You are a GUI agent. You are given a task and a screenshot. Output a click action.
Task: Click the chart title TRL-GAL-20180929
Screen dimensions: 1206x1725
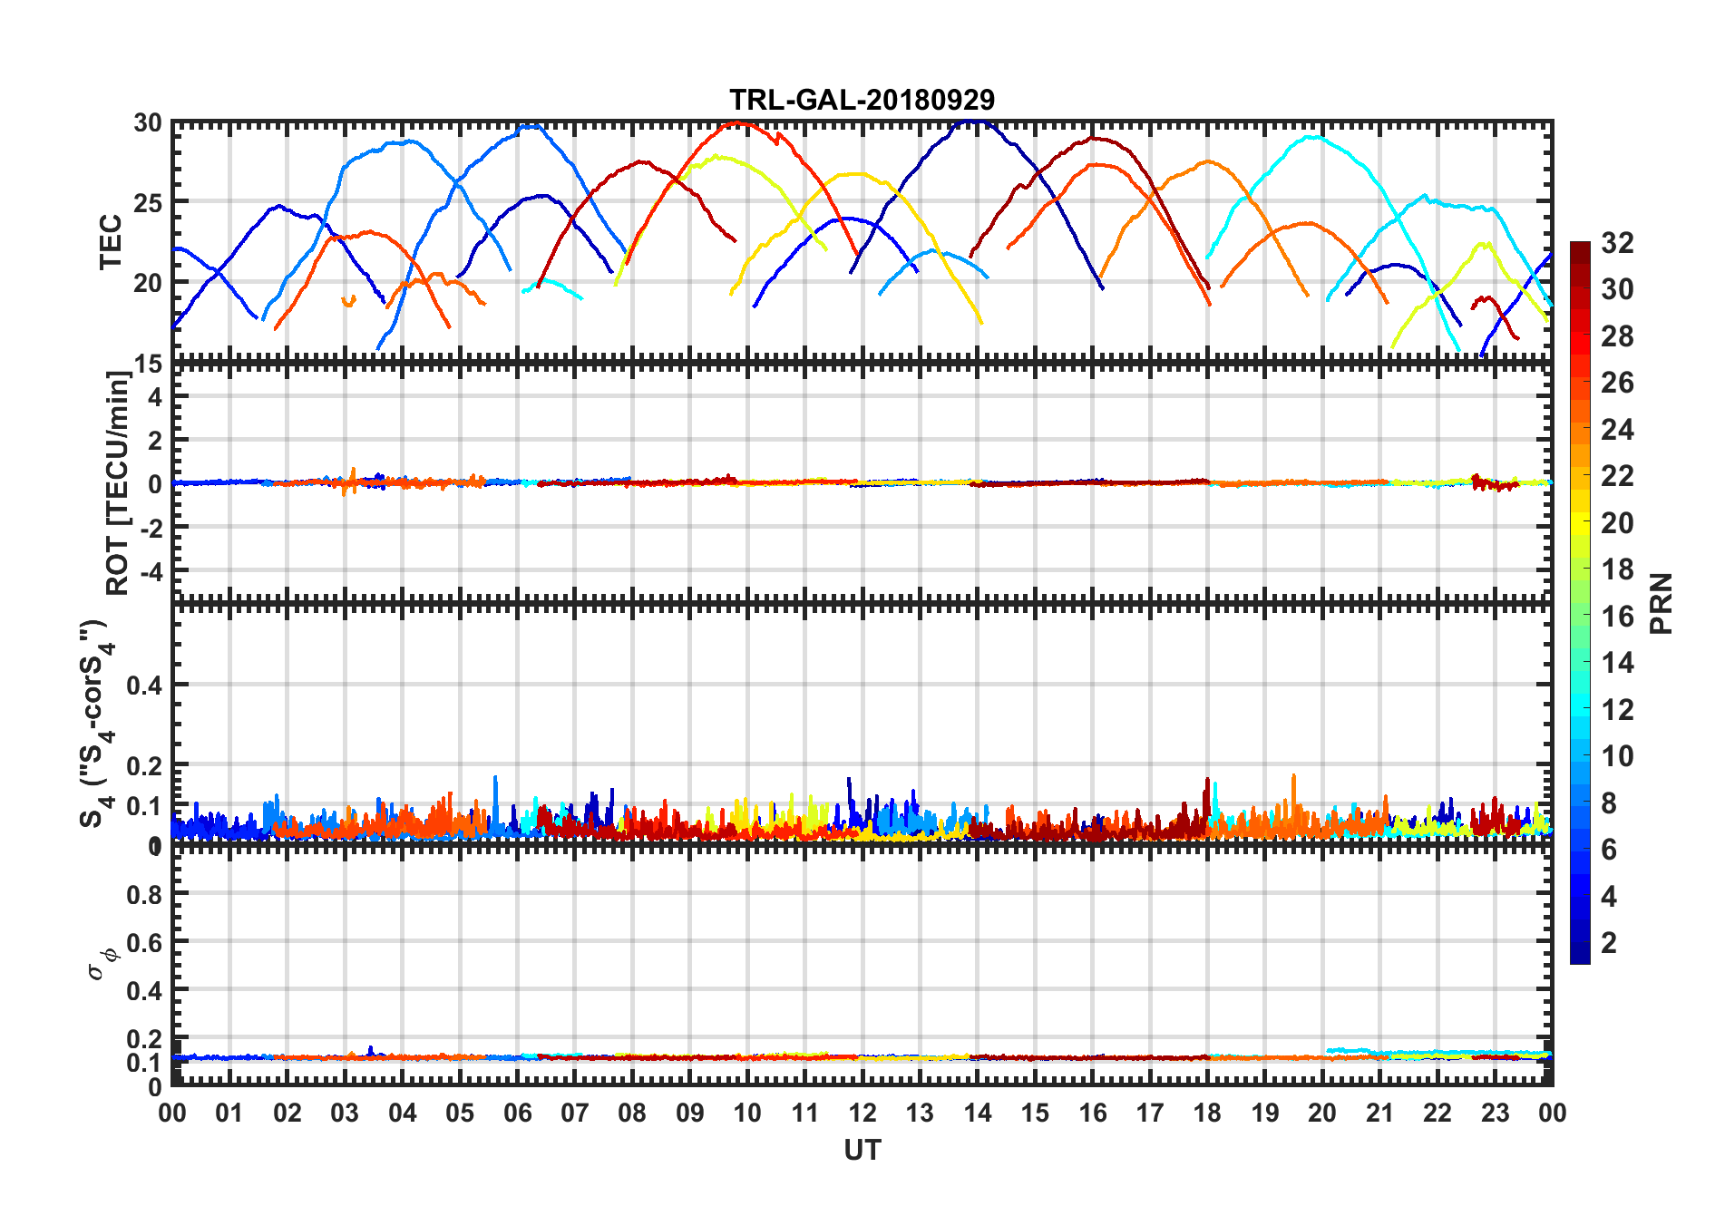point(862,99)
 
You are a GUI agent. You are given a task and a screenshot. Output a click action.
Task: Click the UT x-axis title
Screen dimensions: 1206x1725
point(862,1150)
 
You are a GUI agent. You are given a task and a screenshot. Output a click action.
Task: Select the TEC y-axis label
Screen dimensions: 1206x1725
point(111,242)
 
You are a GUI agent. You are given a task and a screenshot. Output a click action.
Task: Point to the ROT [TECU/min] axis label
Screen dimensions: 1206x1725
point(118,482)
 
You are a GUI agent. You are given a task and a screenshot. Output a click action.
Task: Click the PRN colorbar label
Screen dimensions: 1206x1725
point(1661,603)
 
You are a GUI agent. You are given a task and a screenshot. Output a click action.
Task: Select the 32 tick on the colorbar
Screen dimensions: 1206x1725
point(1617,243)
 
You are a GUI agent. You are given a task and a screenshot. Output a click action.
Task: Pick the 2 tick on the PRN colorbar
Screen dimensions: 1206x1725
point(1609,943)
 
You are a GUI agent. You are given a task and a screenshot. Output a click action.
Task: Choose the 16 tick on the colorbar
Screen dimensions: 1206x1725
point(1617,617)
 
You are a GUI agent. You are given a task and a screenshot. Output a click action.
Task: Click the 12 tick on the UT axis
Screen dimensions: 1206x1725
point(862,1113)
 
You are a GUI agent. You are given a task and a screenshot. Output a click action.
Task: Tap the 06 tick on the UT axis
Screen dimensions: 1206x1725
point(517,1113)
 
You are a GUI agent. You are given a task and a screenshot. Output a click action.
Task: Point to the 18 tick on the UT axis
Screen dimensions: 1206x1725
point(1207,1113)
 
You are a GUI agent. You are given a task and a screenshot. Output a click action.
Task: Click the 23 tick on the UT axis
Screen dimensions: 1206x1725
point(1495,1113)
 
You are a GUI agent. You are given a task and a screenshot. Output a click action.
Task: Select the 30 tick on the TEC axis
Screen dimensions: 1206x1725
point(148,123)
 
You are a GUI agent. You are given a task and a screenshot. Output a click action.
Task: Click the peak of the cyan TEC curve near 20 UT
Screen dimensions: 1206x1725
point(1313,137)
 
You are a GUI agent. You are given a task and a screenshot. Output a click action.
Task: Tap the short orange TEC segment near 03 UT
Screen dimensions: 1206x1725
point(348,301)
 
